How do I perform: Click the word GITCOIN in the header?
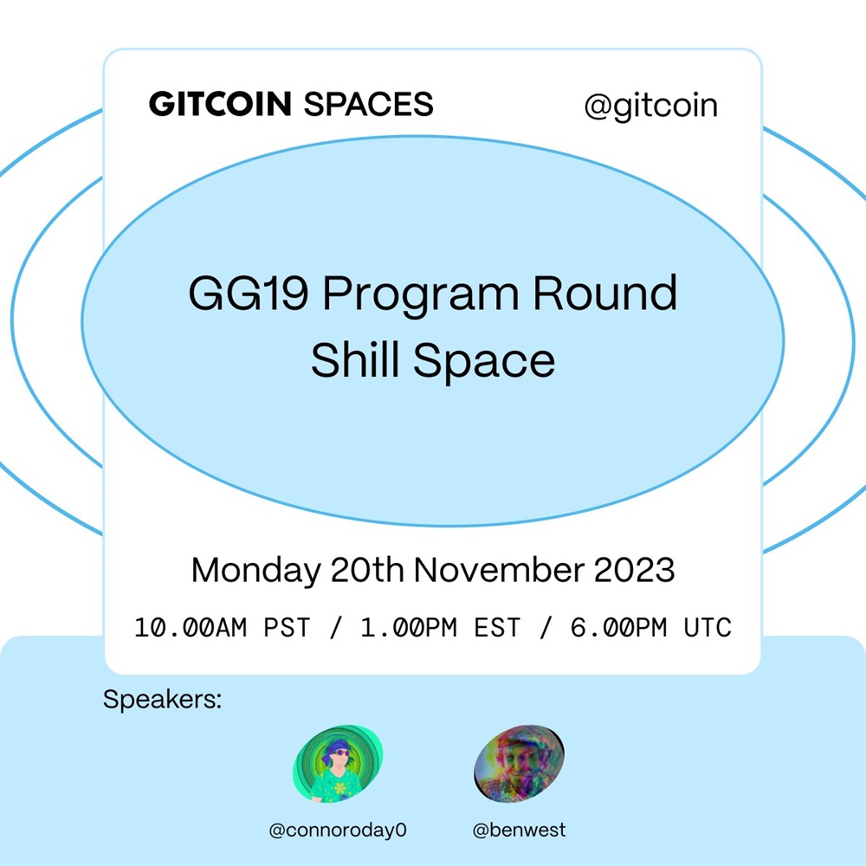coord(220,104)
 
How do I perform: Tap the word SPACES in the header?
coord(368,104)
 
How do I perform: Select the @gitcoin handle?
coord(650,106)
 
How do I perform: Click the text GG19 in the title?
coord(248,294)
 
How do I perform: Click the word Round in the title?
coord(604,293)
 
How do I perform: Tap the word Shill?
coord(355,359)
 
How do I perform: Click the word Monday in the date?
coord(255,571)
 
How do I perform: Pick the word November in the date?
coord(499,570)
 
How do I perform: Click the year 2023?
coord(634,570)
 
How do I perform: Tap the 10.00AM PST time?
coord(222,628)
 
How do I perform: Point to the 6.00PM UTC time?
coord(650,628)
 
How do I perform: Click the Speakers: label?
coord(163,700)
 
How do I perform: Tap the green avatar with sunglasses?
coord(338,764)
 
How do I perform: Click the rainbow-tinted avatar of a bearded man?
coord(519,764)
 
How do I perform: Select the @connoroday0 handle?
coord(338,830)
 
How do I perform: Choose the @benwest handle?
coord(519,830)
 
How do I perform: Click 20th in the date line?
coord(367,570)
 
